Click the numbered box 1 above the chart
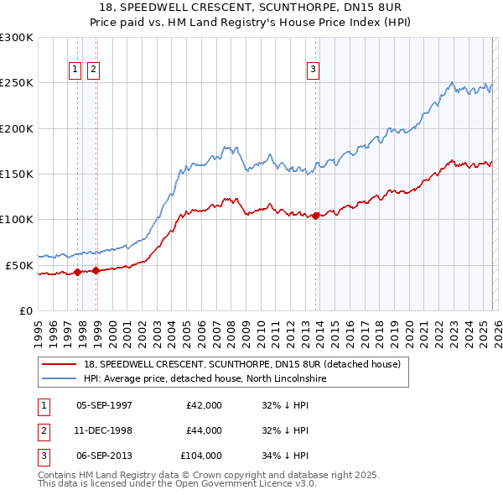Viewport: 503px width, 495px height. tap(75, 70)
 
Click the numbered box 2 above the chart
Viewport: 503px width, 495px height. tap(92, 70)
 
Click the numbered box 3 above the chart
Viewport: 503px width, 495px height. tap(313, 70)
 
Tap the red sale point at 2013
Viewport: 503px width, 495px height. tap(315, 216)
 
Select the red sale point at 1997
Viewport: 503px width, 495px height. tap(78, 272)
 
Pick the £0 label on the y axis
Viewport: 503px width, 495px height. tap(25, 310)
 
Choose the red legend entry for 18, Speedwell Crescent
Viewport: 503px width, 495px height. tap(242, 364)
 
